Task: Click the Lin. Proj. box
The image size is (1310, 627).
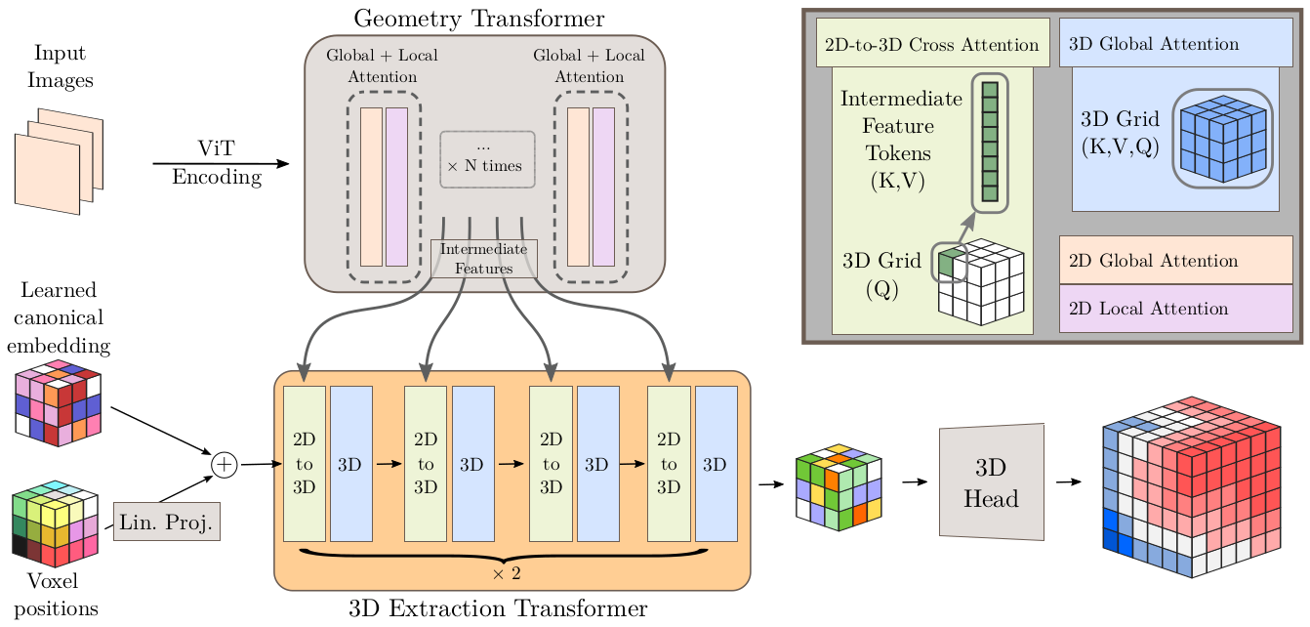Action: (x=167, y=522)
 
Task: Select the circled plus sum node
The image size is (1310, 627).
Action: (x=225, y=465)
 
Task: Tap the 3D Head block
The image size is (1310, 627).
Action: (x=991, y=482)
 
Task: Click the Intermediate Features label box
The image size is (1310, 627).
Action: (x=484, y=259)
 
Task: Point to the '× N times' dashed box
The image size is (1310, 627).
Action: (x=487, y=159)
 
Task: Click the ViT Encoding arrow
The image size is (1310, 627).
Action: (x=221, y=163)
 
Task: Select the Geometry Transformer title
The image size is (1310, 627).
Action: (x=478, y=19)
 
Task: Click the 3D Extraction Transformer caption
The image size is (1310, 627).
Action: (x=498, y=610)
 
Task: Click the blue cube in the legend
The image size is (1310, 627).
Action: (x=1223, y=140)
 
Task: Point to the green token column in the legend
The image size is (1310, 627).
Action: (x=990, y=141)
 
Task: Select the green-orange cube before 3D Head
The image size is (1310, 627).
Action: (x=839, y=486)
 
